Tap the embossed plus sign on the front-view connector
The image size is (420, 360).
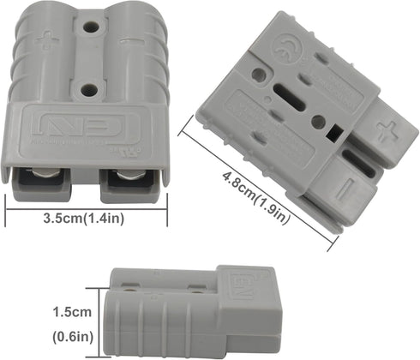coord(45,39)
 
